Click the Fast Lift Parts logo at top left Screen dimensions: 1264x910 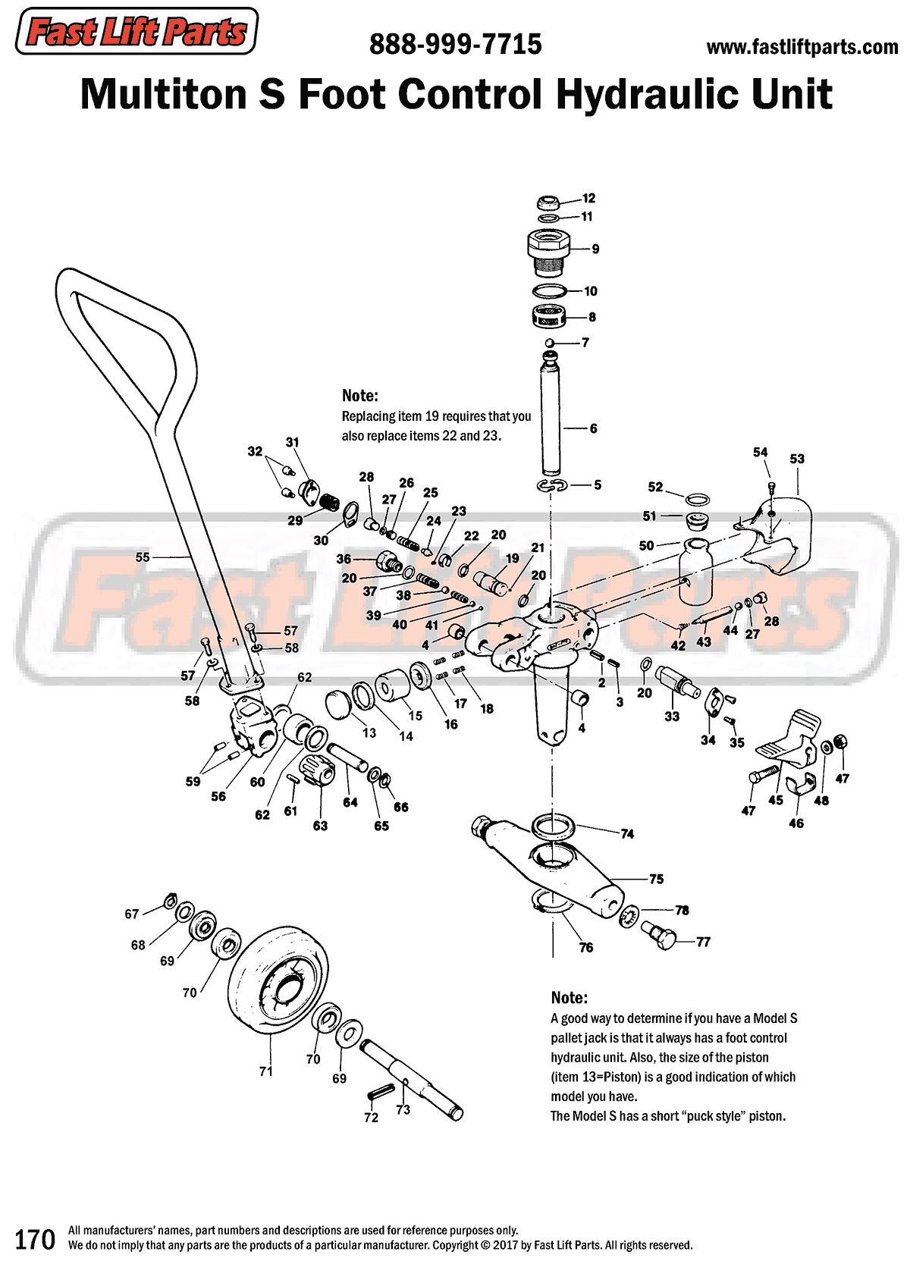tap(136, 32)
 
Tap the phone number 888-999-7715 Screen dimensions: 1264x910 tap(455, 45)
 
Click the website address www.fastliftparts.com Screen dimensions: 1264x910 tap(802, 48)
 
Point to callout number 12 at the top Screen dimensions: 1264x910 tap(589, 199)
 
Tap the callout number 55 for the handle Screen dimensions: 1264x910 tap(143, 557)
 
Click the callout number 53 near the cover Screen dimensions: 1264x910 tap(797, 459)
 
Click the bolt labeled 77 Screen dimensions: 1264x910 tap(658, 934)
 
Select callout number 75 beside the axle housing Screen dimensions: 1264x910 tap(656, 880)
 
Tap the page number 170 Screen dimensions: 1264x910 tap(35, 1239)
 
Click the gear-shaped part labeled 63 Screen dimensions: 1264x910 tap(318, 772)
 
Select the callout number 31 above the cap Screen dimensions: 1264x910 tap(293, 442)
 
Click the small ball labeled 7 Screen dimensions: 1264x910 tap(551, 343)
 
